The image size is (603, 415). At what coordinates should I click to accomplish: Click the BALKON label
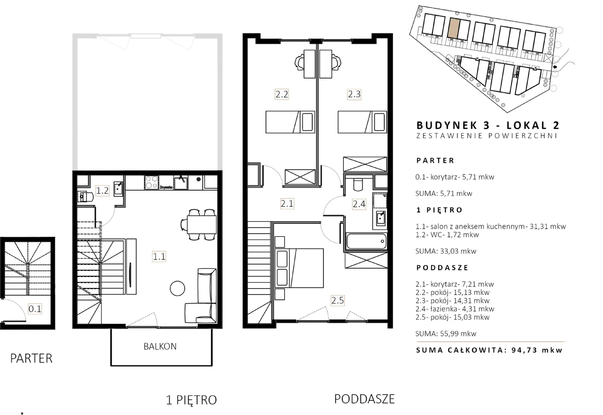[x=160, y=346]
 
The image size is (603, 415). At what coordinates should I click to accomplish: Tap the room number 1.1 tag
[x=159, y=256]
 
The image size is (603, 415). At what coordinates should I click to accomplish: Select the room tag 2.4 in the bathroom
[x=359, y=204]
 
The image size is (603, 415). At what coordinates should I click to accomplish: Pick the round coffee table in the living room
[x=177, y=288]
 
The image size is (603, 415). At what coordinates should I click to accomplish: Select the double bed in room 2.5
[x=299, y=268]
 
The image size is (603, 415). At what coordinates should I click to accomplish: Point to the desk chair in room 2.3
[x=336, y=62]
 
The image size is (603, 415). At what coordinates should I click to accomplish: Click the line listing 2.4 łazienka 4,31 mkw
[x=455, y=309]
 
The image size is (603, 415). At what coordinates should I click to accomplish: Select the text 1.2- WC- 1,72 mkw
[x=447, y=235]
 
